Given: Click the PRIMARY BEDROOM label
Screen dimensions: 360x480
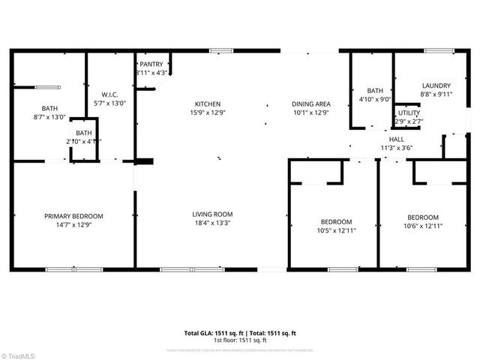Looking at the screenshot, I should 73,215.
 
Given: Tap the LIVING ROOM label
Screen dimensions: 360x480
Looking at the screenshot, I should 212,214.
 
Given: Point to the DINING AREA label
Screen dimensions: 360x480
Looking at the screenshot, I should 311,104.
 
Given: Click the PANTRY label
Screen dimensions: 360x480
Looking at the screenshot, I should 151,64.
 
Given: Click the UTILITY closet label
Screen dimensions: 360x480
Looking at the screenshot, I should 409,112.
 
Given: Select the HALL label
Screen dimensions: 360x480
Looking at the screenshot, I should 396,139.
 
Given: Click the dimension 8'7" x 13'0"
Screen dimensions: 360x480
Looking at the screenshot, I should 50,117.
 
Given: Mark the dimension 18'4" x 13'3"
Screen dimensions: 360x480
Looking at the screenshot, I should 212,223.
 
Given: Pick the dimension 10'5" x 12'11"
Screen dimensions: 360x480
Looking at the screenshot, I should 336,230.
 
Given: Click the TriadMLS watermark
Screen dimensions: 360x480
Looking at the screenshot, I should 19,354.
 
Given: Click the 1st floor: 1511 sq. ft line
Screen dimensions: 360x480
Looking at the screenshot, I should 240,340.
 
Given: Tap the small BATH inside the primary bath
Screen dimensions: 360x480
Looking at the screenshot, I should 84,133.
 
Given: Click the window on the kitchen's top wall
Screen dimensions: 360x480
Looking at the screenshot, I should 220,51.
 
